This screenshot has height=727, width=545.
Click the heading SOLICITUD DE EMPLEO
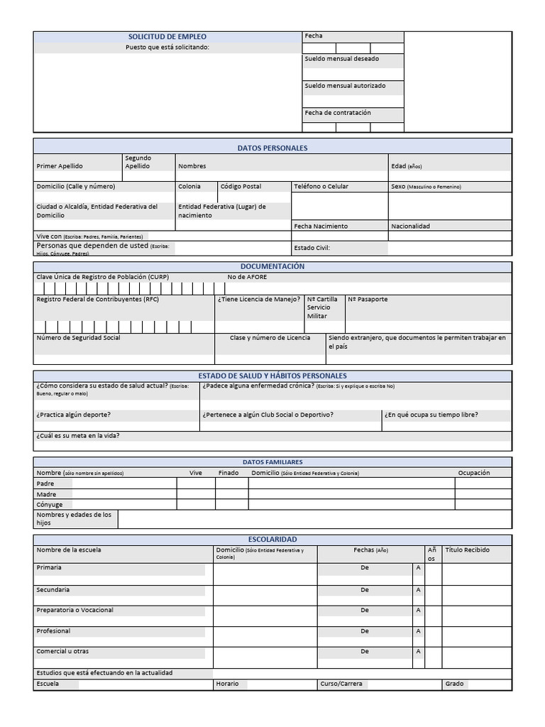pyautogui.click(x=167, y=36)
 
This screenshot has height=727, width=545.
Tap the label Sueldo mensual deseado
pyautogui.click(x=341, y=59)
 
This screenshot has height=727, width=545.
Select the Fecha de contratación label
pyautogui.click(x=338, y=113)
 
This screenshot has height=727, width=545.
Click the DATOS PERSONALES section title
pyautogui.click(x=272, y=148)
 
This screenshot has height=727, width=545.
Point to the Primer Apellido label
pyautogui.click(x=60, y=166)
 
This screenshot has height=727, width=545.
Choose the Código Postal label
pyautogui.click(x=241, y=187)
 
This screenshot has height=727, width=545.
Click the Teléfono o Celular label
pyautogui.click(x=321, y=187)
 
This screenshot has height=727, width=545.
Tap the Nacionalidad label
pyautogui.click(x=410, y=226)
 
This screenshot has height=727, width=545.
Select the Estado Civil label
pyautogui.click(x=312, y=248)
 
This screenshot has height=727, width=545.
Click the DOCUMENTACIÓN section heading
pyautogui.click(x=272, y=266)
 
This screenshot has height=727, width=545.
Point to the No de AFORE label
pyautogui.click(x=247, y=277)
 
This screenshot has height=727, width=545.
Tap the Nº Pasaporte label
pyautogui.click(x=368, y=300)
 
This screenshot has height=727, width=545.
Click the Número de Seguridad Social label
pyautogui.click(x=78, y=338)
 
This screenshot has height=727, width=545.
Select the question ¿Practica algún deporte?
pyautogui.click(x=73, y=415)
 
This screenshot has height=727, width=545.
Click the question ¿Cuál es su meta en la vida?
pyautogui.click(x=77, y=436)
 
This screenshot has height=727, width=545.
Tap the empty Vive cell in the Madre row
pyautogui.click(x=196, y=494)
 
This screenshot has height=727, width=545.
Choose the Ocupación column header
pyautogui.click(x=473, y=473)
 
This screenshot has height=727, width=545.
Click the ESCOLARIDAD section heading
pyautogui.click(x=272, y=540)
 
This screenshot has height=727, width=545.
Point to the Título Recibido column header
pyautogui.click(x=467, y=550)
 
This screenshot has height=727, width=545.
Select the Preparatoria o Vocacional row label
pyautogui.click(x=75, y=611)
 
